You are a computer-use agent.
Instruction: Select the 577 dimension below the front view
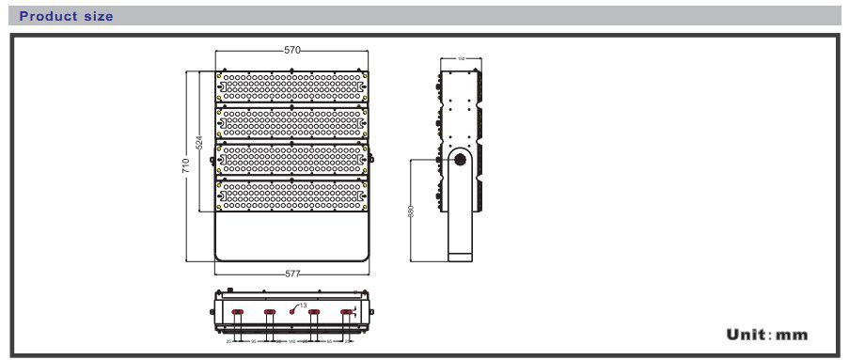pos(292,274)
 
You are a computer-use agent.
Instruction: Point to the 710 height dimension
pos(186,166)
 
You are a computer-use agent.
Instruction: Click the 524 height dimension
pos(199,143)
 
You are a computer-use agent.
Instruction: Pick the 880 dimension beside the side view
pos(411,211)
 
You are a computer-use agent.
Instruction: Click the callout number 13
pos(303,305)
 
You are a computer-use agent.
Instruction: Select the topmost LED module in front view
pos(291,86)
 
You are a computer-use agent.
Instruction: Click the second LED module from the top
pos(291,123)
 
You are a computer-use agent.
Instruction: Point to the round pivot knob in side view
pos(462,161)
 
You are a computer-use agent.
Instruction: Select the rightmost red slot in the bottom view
pos(347,312)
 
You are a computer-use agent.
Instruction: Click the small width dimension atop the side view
pos(462,58)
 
